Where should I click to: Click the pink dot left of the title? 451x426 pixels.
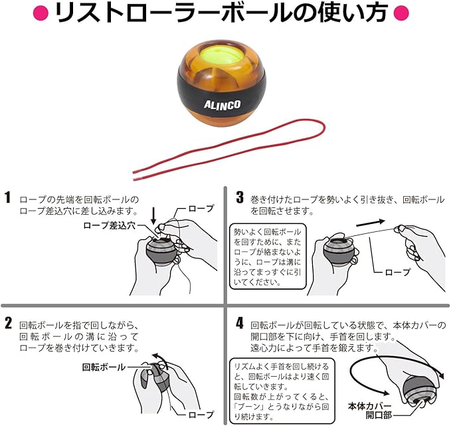pyautogui.click(x=41, y=13)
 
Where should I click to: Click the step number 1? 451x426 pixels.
pyautogui.click(x=8, y=197)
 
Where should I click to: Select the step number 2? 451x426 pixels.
pyautogui.click(x=8, y=324)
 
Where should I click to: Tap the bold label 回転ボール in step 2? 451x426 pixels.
pyautogui.click(x=104, y=366)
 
